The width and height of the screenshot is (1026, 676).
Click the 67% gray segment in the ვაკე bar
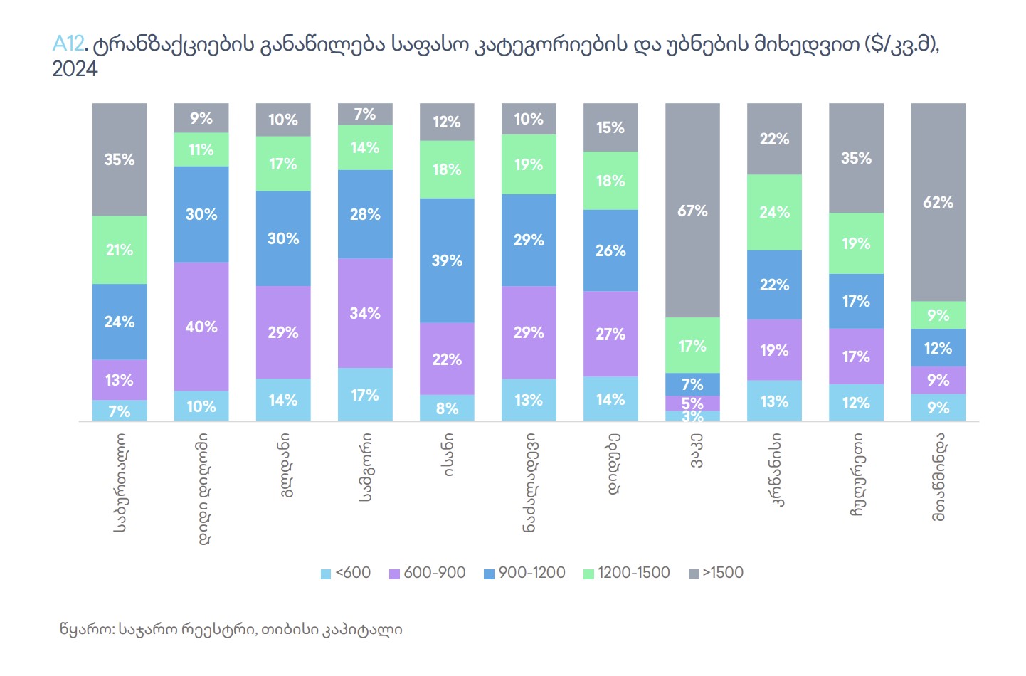click(692, 211)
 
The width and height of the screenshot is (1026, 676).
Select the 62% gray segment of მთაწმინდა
click(938, 202)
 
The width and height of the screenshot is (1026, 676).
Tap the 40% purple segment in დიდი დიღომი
click(201, 327)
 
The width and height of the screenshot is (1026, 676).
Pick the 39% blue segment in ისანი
click(447, 260)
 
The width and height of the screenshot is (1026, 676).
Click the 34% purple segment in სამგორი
click(365, 313)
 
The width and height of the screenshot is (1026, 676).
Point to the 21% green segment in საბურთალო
click(120, 250)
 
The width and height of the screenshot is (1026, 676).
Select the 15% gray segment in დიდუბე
click(610, 127)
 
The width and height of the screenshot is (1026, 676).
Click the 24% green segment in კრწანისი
click(774, 212)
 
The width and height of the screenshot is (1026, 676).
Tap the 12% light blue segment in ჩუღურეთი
click(856, 403)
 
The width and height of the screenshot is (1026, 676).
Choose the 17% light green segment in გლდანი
click(283, 164)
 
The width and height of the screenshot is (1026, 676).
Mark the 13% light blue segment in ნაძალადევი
click(529, 400)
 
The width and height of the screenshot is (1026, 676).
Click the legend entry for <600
click(347, 573)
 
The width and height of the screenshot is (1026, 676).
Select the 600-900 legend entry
click(428, 573)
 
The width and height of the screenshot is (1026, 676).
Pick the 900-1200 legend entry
click(525, 573)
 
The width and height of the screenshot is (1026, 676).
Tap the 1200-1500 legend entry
click(627, 573)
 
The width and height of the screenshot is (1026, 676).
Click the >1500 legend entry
click(716, 573)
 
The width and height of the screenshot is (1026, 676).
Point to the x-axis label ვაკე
click(695, 450)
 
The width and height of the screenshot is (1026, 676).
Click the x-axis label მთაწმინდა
click(939, 476)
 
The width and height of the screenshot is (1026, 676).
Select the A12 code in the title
click(68, 44)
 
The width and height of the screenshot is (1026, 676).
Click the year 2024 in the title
click(75, 69)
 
